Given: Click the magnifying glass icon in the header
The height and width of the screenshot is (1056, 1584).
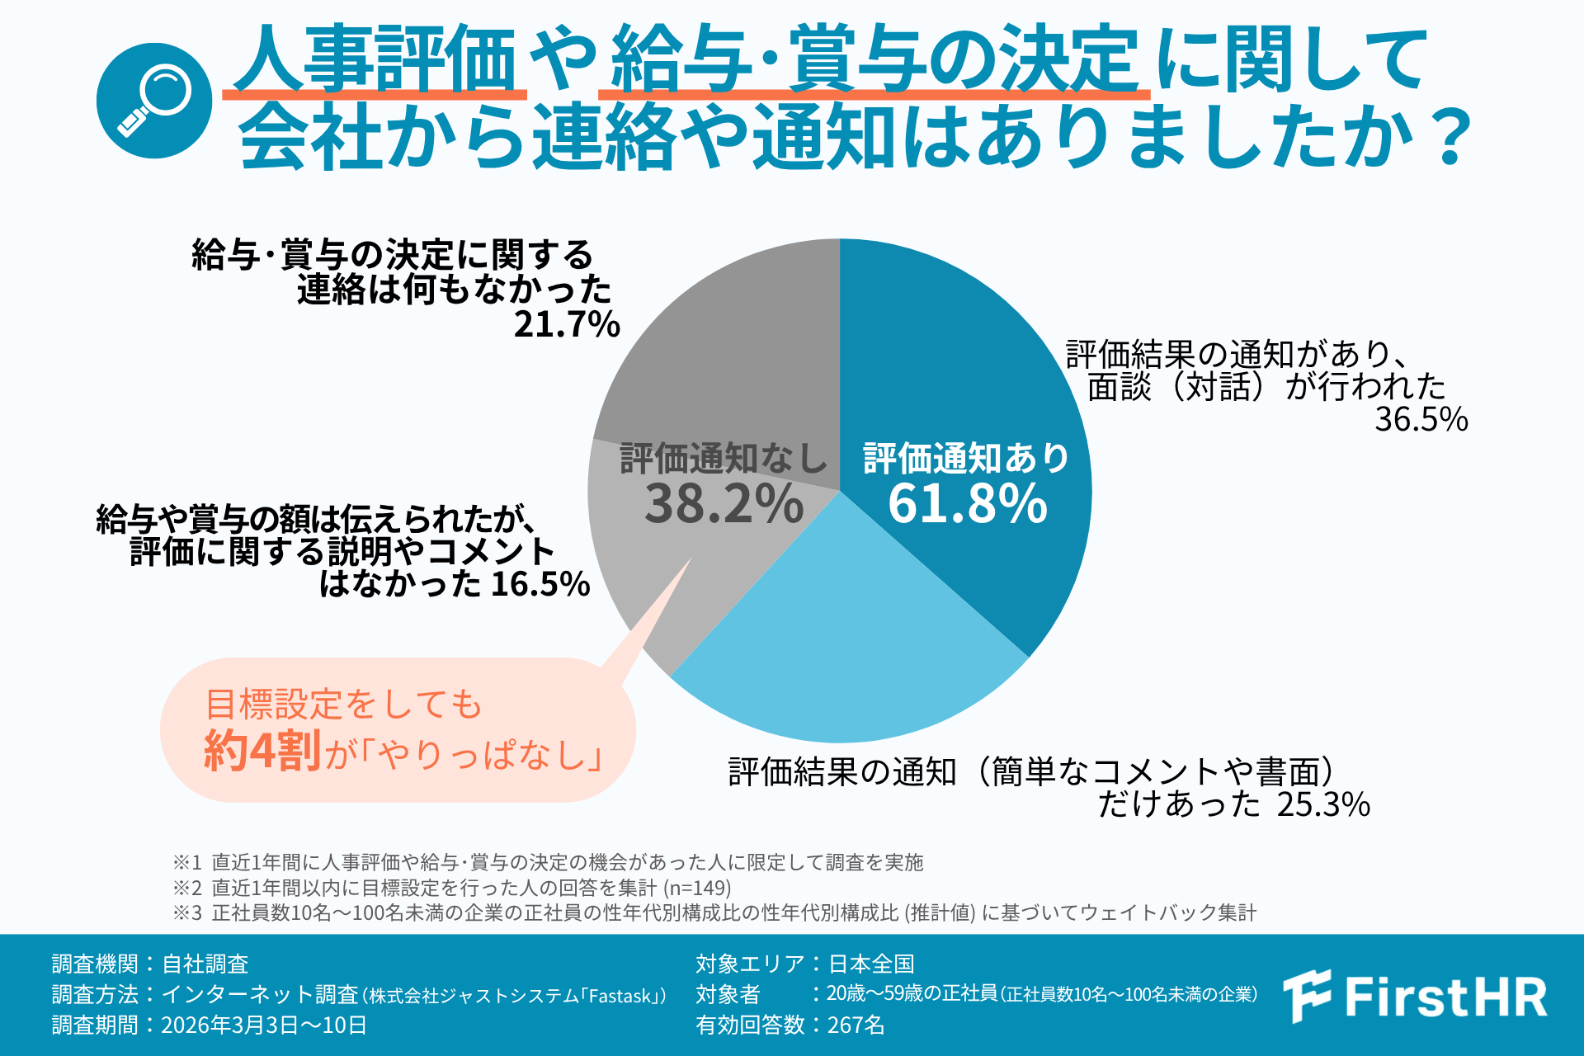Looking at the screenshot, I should (154, 101).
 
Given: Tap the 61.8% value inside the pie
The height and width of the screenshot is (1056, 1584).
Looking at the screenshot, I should (967, 503).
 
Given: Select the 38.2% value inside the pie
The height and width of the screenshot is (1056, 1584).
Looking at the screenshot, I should (724, 503).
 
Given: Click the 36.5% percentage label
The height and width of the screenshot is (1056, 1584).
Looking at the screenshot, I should (1421, 420).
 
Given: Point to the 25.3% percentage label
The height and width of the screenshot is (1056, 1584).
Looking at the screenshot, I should (1323, 804).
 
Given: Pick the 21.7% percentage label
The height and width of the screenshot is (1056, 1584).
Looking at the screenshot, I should (567, 324).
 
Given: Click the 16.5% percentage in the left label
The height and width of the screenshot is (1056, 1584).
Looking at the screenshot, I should (540, 584).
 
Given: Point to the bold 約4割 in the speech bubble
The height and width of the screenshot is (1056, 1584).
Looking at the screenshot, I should (262, 751).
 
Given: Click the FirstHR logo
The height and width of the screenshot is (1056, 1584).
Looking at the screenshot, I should (1416, 997).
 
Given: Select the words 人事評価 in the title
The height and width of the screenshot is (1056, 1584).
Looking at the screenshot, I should (375, 59).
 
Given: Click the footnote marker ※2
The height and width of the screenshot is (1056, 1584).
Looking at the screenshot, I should (187, 888).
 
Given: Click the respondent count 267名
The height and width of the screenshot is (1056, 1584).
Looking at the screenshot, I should (856, 1025).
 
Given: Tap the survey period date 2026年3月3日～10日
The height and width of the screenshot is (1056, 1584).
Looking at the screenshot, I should (264, 1025).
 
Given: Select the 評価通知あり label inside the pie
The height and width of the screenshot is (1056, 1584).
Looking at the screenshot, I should (966, 459).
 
